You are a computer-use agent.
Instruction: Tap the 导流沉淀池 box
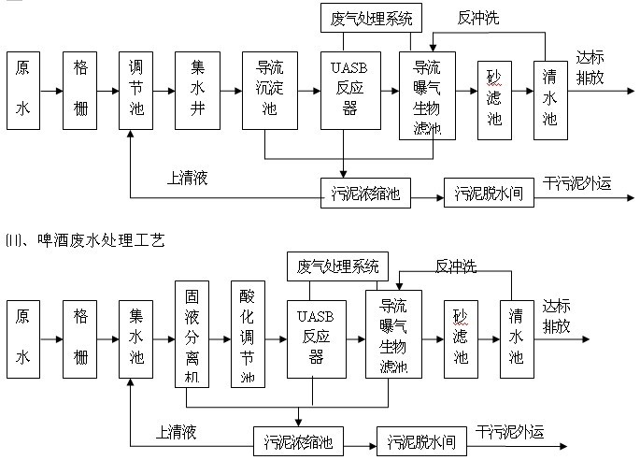[264, 92]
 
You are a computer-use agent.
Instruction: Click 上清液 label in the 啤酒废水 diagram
[176, 432]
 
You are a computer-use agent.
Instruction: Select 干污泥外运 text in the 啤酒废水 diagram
[510, 431]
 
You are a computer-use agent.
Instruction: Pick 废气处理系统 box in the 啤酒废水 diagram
[335, 266]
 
